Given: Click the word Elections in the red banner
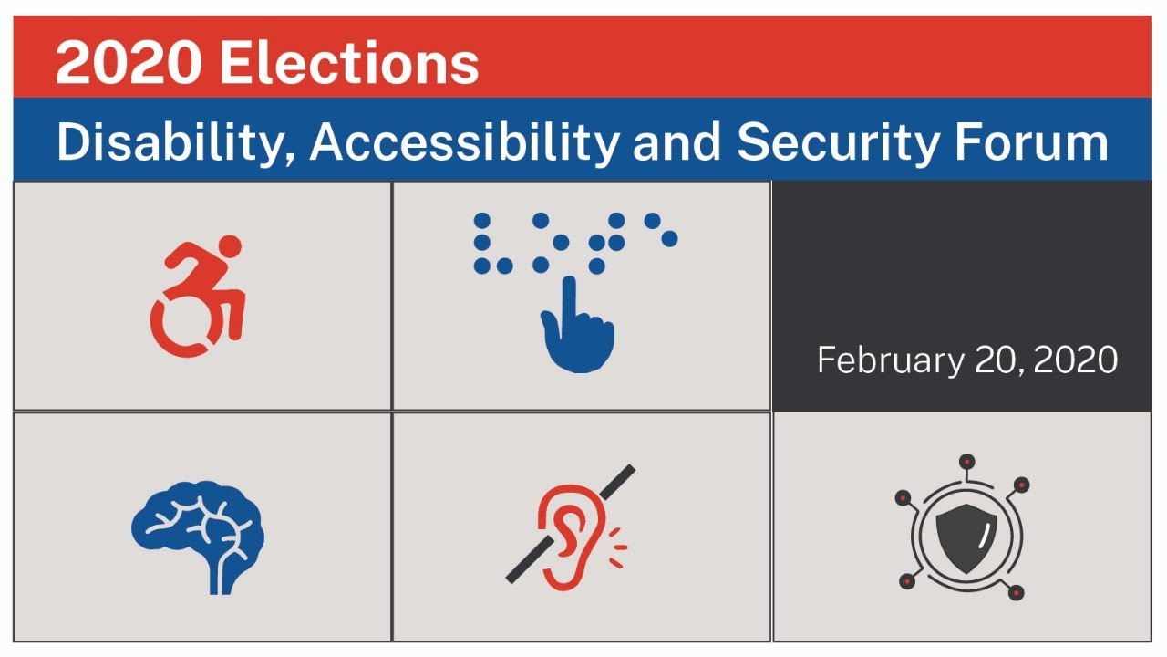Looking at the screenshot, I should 349,64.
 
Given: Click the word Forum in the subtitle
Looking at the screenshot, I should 1036,143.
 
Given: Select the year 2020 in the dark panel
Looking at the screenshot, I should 1076,360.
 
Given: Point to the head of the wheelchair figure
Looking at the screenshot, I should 230,245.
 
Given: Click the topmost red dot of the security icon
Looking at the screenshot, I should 966,461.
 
